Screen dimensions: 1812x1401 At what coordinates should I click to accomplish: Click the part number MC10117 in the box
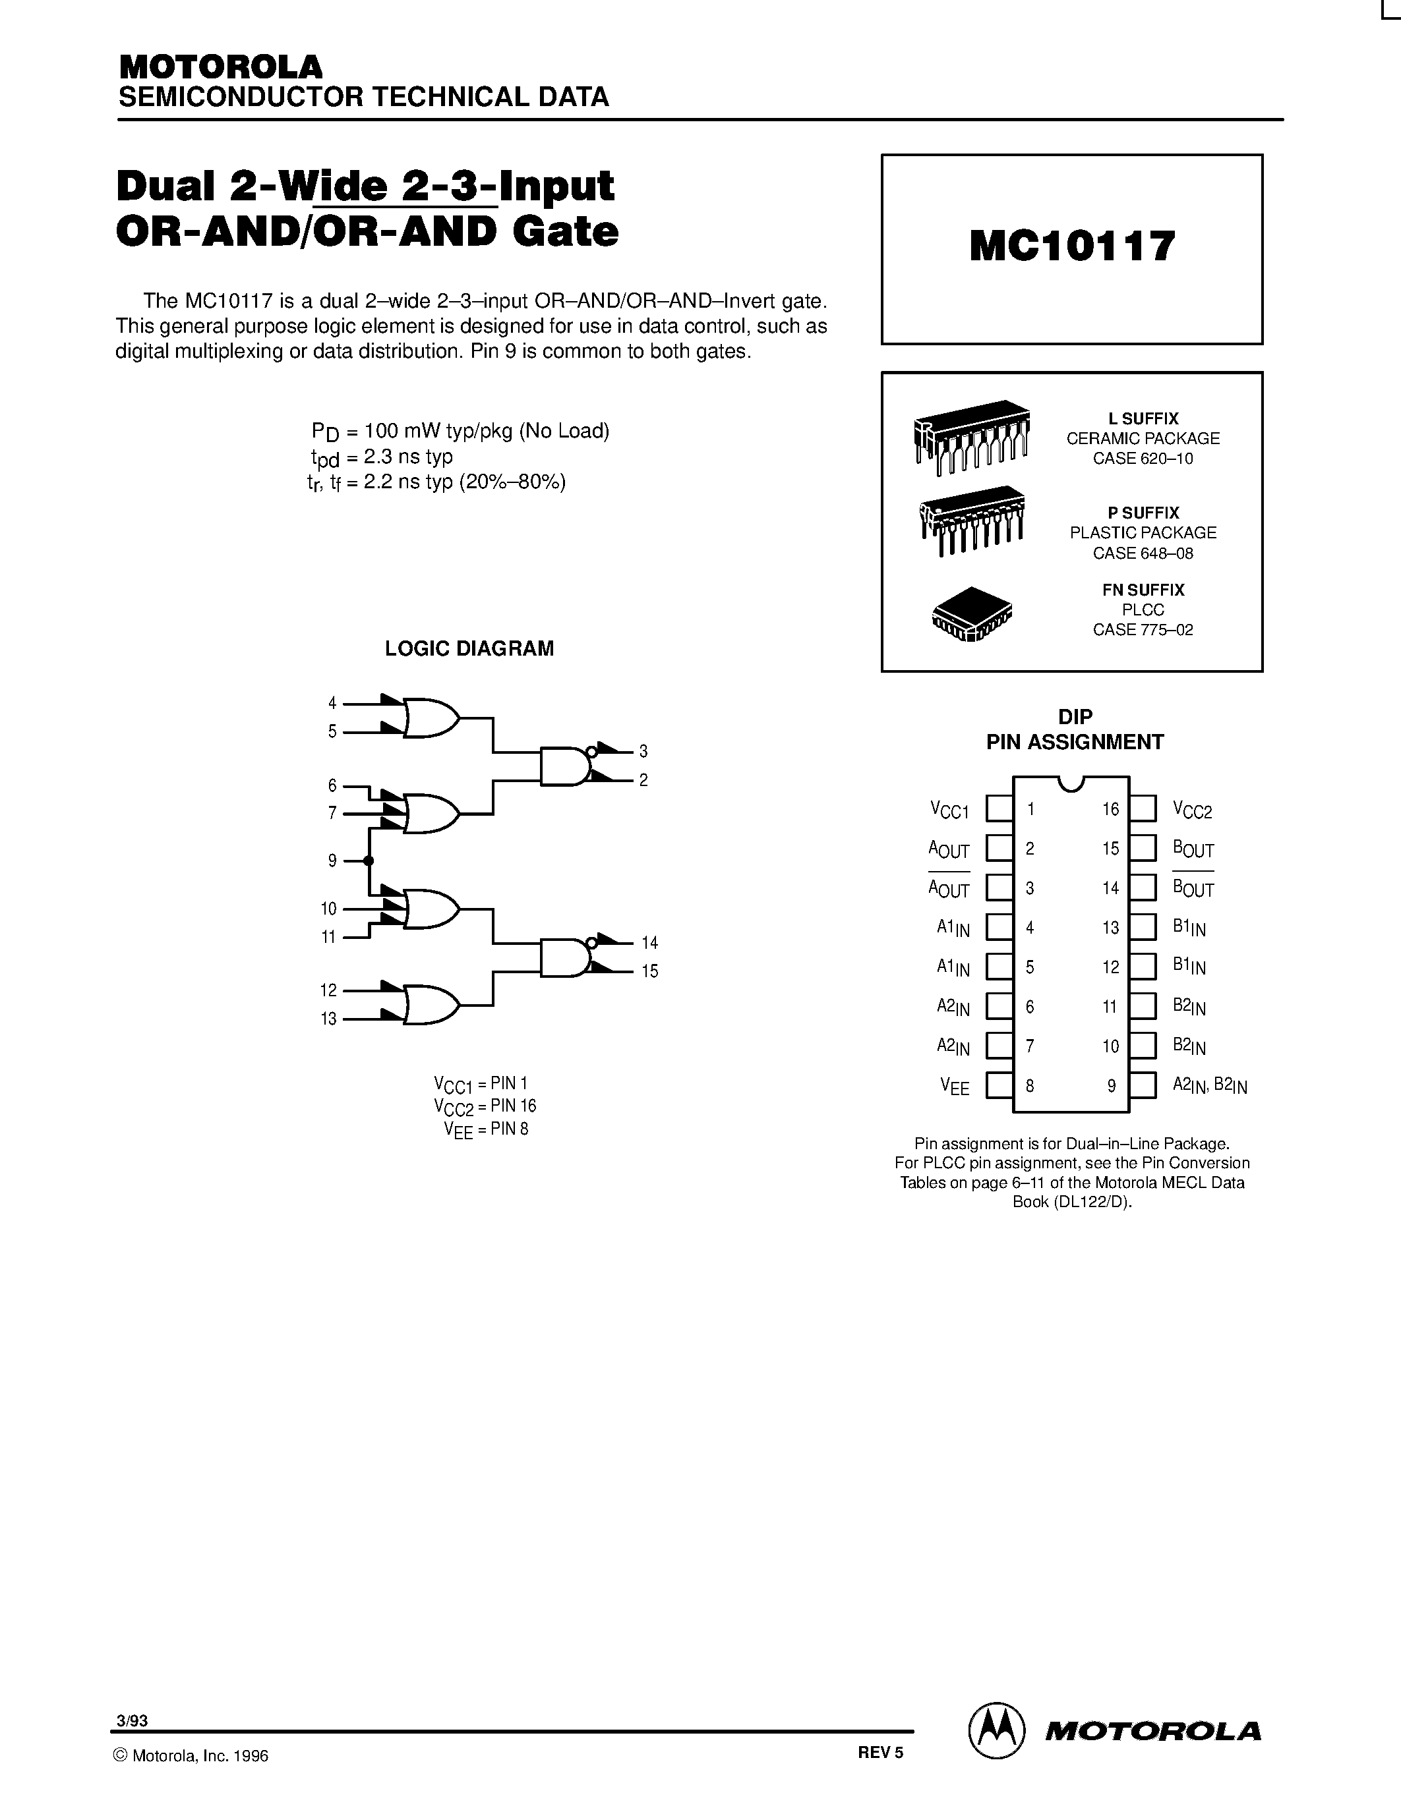coord(1071,246)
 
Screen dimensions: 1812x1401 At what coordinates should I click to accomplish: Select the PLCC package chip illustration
coord(972,615)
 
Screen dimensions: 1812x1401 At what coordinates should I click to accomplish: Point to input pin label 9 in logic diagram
coord(332,861)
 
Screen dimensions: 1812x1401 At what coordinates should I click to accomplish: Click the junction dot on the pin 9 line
coord(369,861)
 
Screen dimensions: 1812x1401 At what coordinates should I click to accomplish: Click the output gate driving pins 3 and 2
coord(564,766)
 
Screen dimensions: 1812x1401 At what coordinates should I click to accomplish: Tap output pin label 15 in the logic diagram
coord(650,971)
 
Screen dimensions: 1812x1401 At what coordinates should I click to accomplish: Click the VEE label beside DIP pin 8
coord(955,1086)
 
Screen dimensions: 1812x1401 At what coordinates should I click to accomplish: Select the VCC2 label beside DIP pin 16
coord(1192,810)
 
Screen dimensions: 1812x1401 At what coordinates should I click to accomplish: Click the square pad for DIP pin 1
coord(998,809)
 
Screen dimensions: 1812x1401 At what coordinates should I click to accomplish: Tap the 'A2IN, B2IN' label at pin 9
coord(1209,1085)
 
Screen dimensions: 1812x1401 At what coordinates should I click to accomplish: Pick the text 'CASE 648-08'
coord(1143,553)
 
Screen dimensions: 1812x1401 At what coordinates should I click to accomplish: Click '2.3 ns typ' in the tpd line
coord(407,457)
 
